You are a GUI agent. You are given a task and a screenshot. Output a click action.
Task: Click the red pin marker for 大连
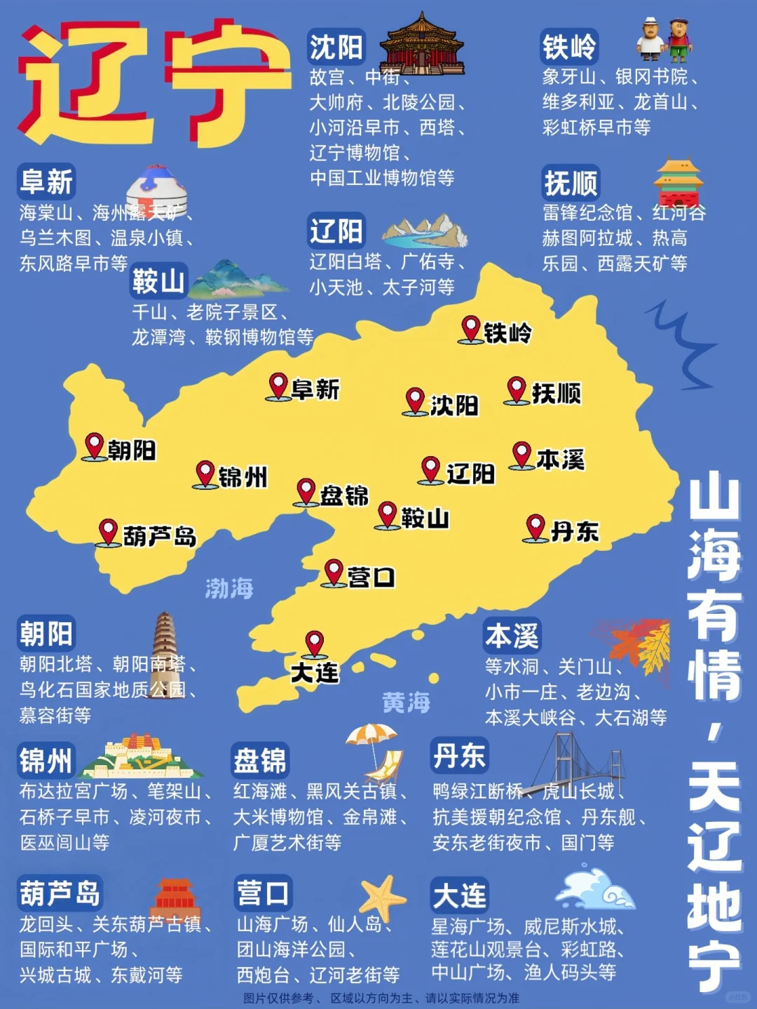(x=314, y=643)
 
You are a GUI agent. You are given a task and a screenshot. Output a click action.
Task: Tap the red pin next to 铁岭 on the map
(x=471, y=329)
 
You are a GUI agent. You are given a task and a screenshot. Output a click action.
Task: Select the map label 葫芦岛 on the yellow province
(x=160, y=536)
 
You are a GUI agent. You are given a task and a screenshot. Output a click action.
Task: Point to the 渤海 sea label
(x=229, y=588)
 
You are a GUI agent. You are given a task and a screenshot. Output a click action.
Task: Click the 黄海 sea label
(x=406, y=702)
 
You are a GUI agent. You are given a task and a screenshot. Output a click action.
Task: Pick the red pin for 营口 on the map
(x=334, y=572)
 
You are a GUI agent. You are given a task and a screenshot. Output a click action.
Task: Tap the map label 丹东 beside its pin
(x=575, y=532)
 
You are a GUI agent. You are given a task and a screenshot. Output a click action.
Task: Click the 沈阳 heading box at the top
(x=336, y=47)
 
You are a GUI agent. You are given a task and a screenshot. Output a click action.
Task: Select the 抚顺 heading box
(x=571, y=183)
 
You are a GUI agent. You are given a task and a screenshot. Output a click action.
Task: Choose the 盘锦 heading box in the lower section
(x=260, y=760)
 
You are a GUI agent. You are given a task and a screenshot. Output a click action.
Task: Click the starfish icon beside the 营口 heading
(x=382, y=897)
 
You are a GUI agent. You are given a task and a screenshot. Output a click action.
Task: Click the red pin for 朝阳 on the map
(x=95, y=446)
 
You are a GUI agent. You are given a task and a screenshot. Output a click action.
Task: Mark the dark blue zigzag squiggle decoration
(x=683, y=343)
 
